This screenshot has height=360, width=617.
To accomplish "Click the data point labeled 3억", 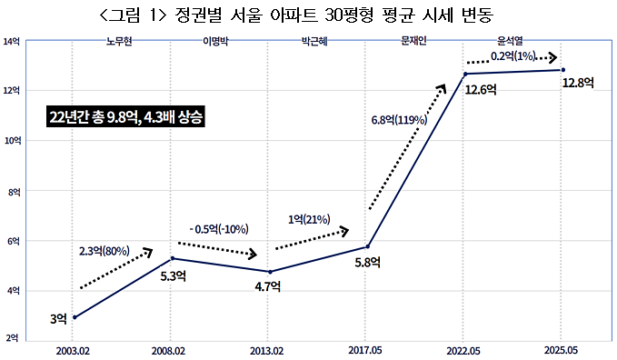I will (x=75, y=317).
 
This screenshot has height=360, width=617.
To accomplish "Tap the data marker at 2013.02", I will (x=271, y=272).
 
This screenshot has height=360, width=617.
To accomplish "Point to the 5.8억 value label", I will (x=367, y=263).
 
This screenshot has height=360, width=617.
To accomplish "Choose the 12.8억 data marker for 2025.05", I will (x=563, y=70).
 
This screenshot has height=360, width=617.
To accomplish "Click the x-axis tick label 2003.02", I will (x=75, y=349).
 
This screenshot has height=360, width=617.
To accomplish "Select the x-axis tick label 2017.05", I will (x=367, y=349).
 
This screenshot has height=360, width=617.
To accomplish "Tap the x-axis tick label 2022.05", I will (x=465, y=349).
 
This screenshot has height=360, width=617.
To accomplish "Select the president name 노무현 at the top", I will (x=120, y=42).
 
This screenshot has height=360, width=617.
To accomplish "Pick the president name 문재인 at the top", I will (x=413, y=42).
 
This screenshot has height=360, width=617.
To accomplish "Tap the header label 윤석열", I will (x=511, y=42).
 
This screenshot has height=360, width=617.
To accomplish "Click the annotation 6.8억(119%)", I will (x=401, y=119).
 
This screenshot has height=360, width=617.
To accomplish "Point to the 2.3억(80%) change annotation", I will (x=103, y=250).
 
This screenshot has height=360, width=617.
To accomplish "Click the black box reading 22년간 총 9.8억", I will (x=126, y=118).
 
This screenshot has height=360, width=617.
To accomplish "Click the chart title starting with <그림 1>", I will (x=307, y=15).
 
